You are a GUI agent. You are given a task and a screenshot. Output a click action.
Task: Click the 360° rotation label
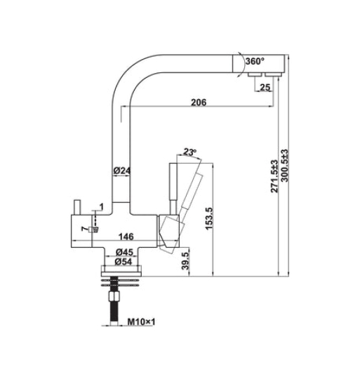click(x=253, y=62)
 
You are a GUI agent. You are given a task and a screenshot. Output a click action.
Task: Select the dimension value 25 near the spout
click(x=265, y=87)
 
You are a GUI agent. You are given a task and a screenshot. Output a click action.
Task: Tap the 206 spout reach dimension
click(x=199, y=102)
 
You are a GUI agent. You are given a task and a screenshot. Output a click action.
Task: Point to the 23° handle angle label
click(x=189, y=152)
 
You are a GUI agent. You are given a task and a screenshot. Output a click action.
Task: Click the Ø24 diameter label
click(x=123, y=171)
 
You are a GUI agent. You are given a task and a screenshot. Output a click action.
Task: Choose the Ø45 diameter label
click(x=124, y=251)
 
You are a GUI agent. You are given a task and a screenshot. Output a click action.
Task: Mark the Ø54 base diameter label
click(x=124, y=262)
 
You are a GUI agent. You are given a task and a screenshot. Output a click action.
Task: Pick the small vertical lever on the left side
click(x=76, y=206)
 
